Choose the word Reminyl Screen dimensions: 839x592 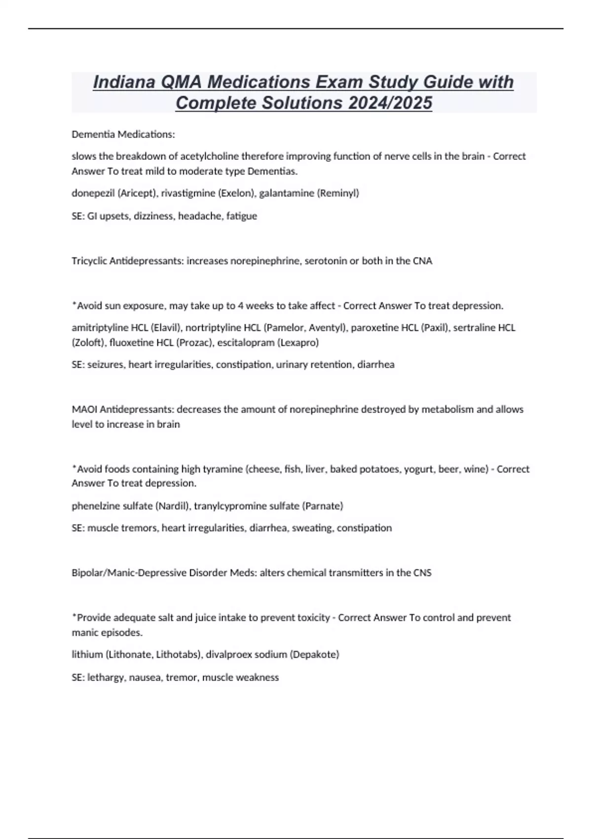[339, 193]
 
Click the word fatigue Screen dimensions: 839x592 [242, 216]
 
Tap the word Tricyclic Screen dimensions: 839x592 [89, 261]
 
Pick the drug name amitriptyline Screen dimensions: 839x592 [100, 328]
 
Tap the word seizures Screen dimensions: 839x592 [106, 365]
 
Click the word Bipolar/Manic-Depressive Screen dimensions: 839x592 [129, 573]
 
